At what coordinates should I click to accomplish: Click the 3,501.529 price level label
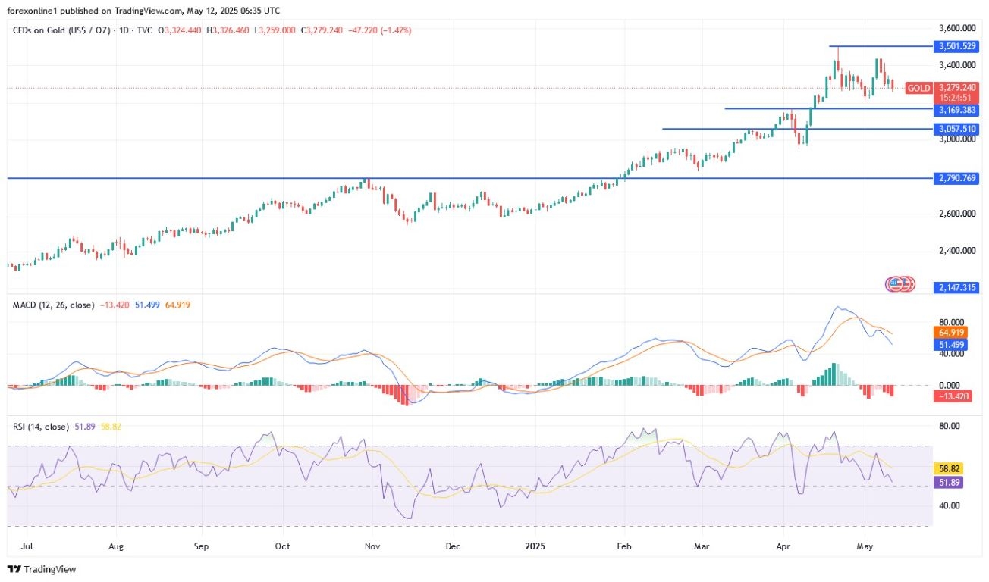click(957, 46)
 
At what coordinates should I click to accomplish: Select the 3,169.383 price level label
click(957, 109)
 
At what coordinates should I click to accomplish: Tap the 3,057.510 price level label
click(957, 130)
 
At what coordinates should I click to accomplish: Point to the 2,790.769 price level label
click(957, 179)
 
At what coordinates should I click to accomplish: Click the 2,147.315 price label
click(957, 288)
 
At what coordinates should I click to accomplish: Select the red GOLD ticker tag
click(918, 88)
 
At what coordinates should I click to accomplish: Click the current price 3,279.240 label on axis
click(957, 88)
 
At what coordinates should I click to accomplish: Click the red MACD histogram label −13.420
click(953, 396)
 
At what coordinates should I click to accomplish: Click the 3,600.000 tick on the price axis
click(957, 28)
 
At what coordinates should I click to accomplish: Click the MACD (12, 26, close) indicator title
click(53, 305)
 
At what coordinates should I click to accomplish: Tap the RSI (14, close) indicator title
click(43, 427)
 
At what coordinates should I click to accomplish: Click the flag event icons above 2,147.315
click(900, 284)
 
